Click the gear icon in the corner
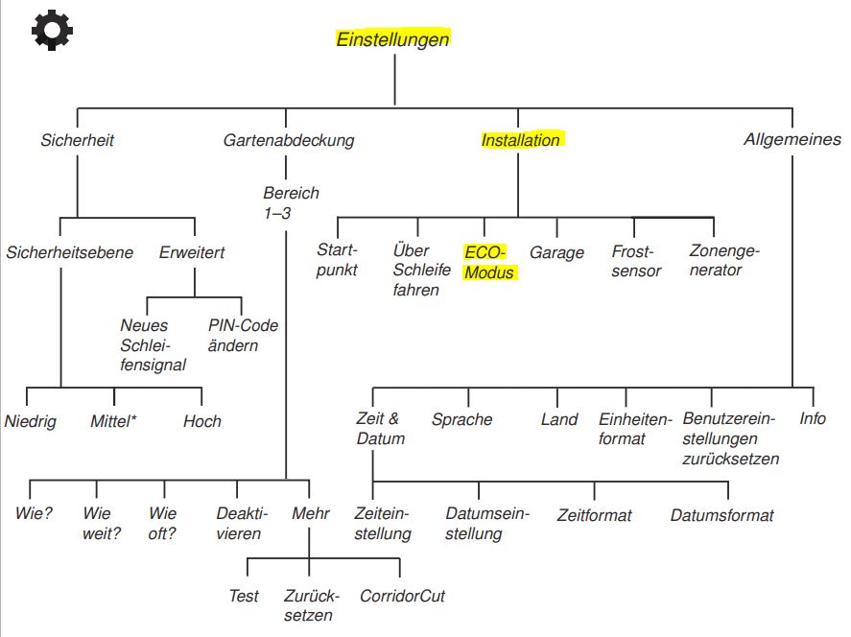[52, 32]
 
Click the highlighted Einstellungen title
[392, 39]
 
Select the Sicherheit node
[78, 140]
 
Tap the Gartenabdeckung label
[289, 140]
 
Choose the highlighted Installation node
[521, 140]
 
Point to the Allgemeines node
[792, 139]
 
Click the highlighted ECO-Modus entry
[488, 262]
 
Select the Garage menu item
[556, 253]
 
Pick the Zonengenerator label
[723, 261]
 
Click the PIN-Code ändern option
[243, 335]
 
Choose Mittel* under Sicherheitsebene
[114, 421]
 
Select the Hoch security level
[202, 421]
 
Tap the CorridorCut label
[402, 596]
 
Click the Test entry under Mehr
[244, 596]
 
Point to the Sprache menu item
[461, 419]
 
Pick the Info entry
[813, 418]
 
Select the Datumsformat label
[721, 515]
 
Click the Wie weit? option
[102, 523]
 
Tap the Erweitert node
[193, 253]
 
